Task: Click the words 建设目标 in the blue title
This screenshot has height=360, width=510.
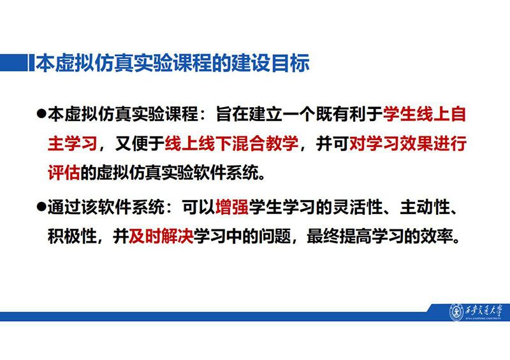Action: [270, 62]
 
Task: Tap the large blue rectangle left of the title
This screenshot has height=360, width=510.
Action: [14, 62]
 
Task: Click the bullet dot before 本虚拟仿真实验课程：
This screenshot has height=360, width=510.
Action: [41, 114]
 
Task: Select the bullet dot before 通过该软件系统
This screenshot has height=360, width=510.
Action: [41, 207]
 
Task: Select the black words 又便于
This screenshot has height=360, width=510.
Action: [140, 143]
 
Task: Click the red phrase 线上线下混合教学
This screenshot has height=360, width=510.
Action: [231, 143]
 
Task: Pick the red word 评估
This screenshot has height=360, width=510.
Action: [64, 172]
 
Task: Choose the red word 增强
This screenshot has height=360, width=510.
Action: [232, 207]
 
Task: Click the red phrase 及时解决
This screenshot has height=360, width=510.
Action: [161, 236]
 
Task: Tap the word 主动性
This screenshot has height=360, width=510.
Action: [425, 207]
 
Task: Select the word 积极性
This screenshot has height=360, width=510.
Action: [72, 236]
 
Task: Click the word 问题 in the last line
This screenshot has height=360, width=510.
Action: [275, 236]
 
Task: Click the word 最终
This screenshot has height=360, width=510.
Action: [323, 236]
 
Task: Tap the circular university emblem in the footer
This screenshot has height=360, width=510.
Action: [456, 312]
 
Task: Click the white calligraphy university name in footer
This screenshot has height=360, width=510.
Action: [484, 311]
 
